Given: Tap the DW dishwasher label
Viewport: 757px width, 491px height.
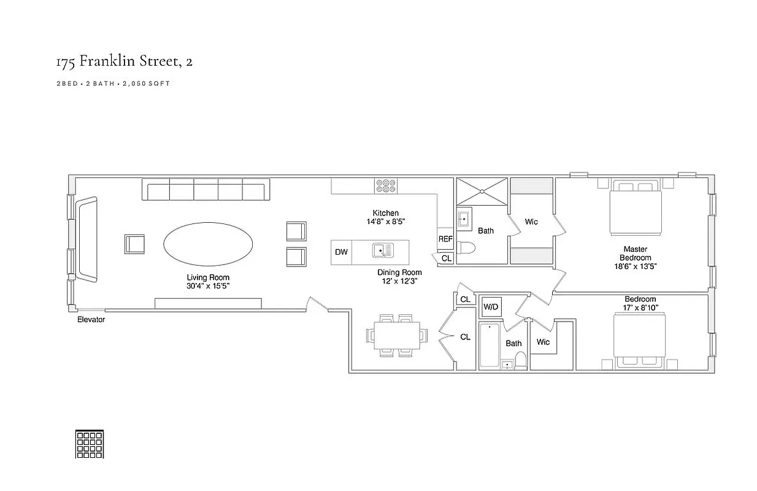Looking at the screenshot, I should (341, 252).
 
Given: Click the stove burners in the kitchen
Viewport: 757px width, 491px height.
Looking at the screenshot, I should (386, 186).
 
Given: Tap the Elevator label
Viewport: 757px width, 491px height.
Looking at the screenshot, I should (91, 320).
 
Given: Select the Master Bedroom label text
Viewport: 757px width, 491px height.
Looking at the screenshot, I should (636, 253).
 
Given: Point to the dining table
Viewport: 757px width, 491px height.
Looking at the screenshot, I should (397, 336).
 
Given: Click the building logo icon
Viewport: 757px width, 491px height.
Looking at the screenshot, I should (89, 444).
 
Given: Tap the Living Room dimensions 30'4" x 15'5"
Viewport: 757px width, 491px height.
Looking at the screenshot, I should (208, 286).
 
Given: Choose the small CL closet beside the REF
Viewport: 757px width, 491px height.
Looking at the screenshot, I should (447, 258).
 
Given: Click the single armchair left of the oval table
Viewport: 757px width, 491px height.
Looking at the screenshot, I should (134, 244).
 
